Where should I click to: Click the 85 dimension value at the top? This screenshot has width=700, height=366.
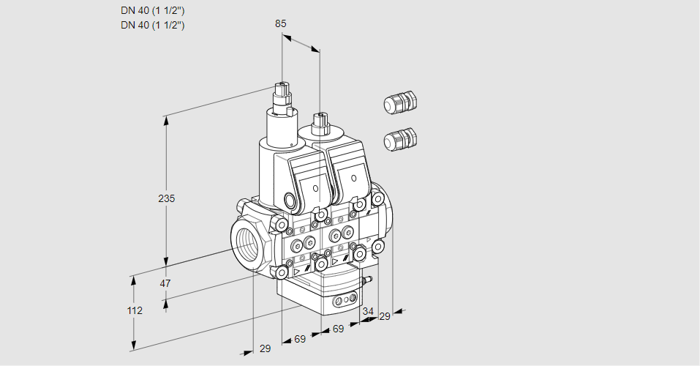281,23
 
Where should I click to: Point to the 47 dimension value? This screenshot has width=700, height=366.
165,283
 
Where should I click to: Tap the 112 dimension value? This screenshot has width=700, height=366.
135,310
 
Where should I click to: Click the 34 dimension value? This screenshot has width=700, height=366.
368,311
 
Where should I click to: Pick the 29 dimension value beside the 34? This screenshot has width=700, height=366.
385,316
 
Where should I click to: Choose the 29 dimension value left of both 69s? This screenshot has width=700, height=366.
265,348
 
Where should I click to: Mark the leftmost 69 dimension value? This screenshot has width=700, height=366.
300,340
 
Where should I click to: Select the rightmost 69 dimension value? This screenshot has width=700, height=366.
338,329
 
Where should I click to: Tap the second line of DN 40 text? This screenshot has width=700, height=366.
152,25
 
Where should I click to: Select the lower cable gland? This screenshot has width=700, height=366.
400,138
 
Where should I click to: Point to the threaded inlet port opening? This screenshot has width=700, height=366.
246,246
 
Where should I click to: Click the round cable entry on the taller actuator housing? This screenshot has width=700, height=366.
290,200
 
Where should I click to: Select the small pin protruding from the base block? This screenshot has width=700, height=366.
369,279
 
